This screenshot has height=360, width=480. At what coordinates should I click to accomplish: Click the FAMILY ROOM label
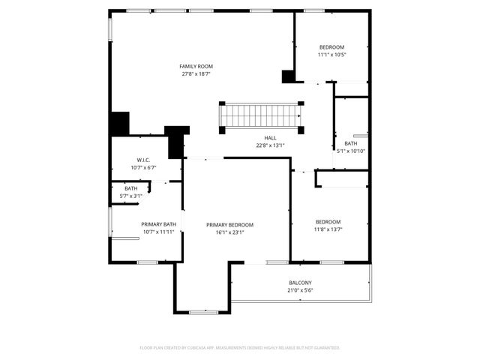(196, 66)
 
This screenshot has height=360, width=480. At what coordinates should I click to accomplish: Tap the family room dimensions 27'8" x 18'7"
(196, 73)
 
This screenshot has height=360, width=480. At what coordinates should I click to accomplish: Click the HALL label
(270, 138)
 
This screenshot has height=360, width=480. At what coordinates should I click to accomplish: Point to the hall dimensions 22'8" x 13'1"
(270, 145)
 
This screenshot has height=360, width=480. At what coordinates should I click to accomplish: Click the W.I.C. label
(144, 160)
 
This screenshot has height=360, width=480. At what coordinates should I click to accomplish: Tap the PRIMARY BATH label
(158, 224)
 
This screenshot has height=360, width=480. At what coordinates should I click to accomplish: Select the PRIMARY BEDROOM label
(230, 225)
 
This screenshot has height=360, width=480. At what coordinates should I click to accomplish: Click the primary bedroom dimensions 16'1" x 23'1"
(230, 232)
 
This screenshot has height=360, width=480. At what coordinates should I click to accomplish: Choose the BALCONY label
(301, 283)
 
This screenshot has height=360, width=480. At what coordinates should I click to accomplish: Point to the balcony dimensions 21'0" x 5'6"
(301, 290)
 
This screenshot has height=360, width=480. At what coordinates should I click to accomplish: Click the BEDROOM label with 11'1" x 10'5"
(332, 46)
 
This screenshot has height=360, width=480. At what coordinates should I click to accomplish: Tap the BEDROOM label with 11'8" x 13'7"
(328, 221)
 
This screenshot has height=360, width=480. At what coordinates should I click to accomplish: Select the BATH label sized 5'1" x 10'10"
(351, 143)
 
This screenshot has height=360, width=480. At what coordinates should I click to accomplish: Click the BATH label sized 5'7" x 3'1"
(131, 188)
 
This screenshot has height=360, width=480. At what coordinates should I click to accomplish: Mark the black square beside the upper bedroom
(288, 76)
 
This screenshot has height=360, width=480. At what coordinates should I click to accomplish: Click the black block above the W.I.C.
(119, 123)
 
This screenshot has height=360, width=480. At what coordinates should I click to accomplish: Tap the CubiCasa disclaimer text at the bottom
(240, 348)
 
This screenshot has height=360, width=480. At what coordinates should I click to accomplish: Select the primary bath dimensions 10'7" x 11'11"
(158, 232)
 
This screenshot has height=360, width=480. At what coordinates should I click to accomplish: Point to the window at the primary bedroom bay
(202, 311)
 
